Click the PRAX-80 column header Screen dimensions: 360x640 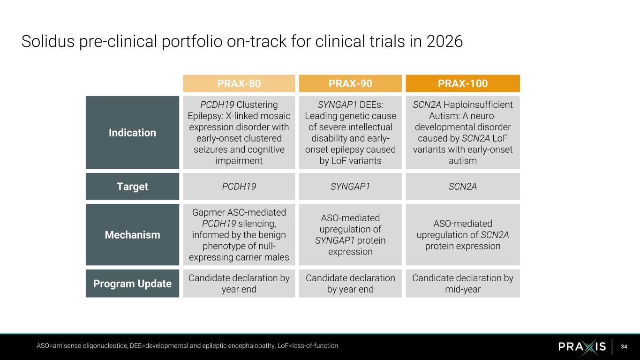tap(239, 83)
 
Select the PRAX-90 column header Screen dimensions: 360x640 tap(350, 83)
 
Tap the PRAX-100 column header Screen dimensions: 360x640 tap(462, 83)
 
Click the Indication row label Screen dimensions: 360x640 tap(132, 133)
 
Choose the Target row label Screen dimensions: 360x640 tap(132, 187)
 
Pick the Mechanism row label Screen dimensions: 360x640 tap(132, 235)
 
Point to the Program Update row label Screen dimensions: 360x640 tap(132, 284)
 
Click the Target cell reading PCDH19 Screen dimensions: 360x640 tap(239, 187)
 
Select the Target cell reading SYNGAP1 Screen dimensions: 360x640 tap(350, 187)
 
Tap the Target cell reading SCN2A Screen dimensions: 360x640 tap(462, 187)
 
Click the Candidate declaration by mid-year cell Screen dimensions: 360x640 tap(462, 284)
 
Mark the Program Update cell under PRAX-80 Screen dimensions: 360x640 tap(239, 284)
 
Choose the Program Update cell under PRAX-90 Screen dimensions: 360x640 tap(350, 284)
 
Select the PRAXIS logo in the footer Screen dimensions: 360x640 tap(582, 346)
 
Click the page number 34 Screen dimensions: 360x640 tap(624, 346)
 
